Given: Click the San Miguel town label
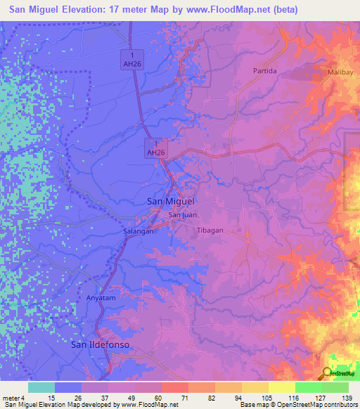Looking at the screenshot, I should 170,201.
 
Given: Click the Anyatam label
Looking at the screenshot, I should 99,297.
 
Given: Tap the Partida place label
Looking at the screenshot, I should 265,71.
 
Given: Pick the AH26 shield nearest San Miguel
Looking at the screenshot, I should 155,147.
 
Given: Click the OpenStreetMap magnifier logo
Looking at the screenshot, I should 328,372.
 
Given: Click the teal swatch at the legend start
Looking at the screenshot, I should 41,387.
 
